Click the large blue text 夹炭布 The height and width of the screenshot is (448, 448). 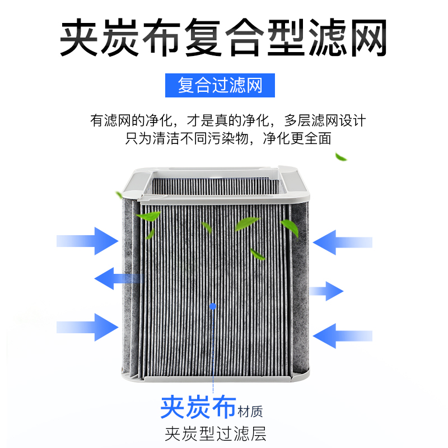coord(197,407)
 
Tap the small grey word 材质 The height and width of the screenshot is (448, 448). coord(250,411)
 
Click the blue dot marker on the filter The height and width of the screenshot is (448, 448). coord(212,306)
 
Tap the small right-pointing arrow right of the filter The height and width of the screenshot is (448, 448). coord(328,291)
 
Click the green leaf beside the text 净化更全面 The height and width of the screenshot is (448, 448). coord(340,156)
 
